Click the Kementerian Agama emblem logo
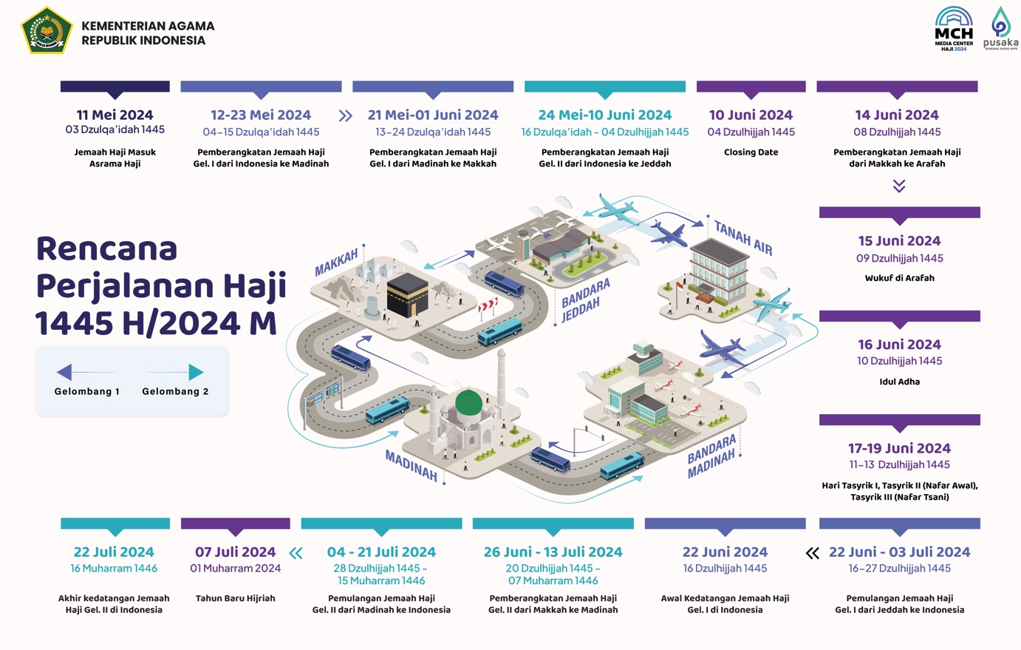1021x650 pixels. click(x=47, y=30)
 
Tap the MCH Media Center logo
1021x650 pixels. click(x=954, y=29)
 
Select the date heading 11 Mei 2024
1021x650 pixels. click(x=115, y=115)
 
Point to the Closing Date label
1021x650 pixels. click(x=751, y=152)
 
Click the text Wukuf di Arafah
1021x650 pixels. click(x=899, y=278)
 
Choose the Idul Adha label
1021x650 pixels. click(x=899, y=382)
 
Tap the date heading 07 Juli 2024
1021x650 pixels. click(x=235, y=552)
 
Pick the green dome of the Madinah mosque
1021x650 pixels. click(x=468, y=403)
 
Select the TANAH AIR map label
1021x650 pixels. click(x=742, y=238)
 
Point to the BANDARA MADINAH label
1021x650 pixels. click(x=711, y=456)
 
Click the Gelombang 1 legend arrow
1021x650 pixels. click(x=85, y=372)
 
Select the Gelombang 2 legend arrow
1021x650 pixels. click(x=175, y=372)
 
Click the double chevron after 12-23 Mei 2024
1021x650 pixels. click(x=345, y=116)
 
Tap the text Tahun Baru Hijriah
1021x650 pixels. click(x=235, y=598)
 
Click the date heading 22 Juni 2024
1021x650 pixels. click(x=725, y=552)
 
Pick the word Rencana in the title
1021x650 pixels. click(x=107, y=248)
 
